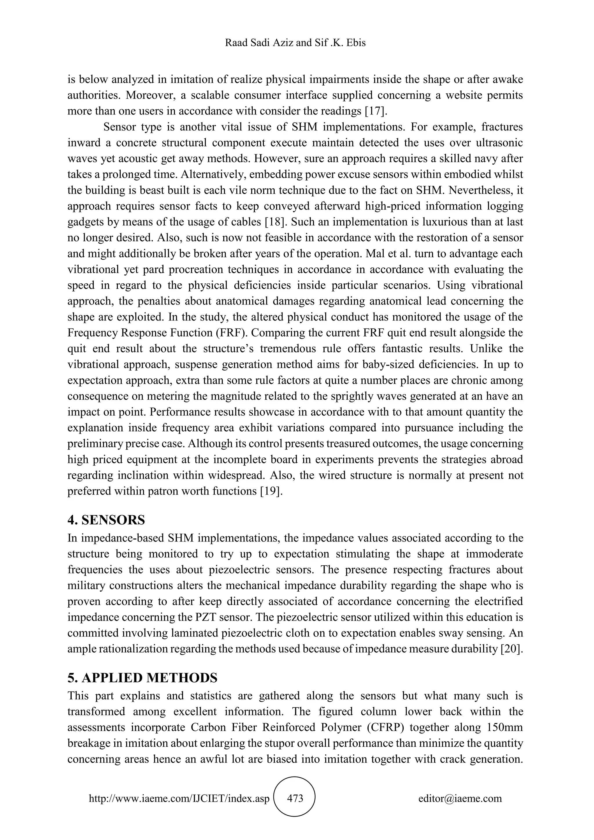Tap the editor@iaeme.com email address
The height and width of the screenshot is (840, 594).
460,798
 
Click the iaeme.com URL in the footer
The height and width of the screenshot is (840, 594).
179,798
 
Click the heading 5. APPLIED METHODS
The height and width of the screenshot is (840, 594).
142,678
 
